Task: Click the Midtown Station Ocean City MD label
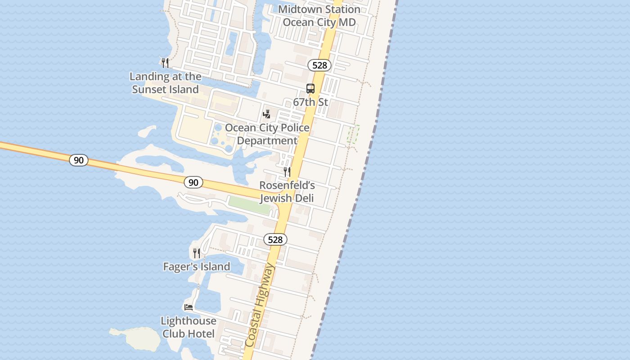tap(319, 16)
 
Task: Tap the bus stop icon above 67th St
tap(310, 89)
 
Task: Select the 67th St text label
tap(310, 102)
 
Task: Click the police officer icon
tap(267, 114)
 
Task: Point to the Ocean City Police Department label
tap(267, 134)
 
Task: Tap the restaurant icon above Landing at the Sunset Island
tap(165, 63)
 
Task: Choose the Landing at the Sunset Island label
tap(165, 83)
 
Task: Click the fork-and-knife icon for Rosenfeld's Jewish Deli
tap(287, 171)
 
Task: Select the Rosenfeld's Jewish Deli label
tap(287, 192)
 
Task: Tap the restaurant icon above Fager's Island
tap(197, 253)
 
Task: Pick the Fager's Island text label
tap(197, 267)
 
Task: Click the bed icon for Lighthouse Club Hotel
tap(189, 307)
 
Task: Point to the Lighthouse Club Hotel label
tap(189, 327)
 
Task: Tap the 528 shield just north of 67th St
tap(319, 65)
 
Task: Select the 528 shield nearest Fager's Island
tap(275, 239)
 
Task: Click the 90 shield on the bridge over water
tap(79, 160)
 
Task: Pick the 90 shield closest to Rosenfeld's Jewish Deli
tap(193, 182)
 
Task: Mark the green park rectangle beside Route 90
tap(250, 205)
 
